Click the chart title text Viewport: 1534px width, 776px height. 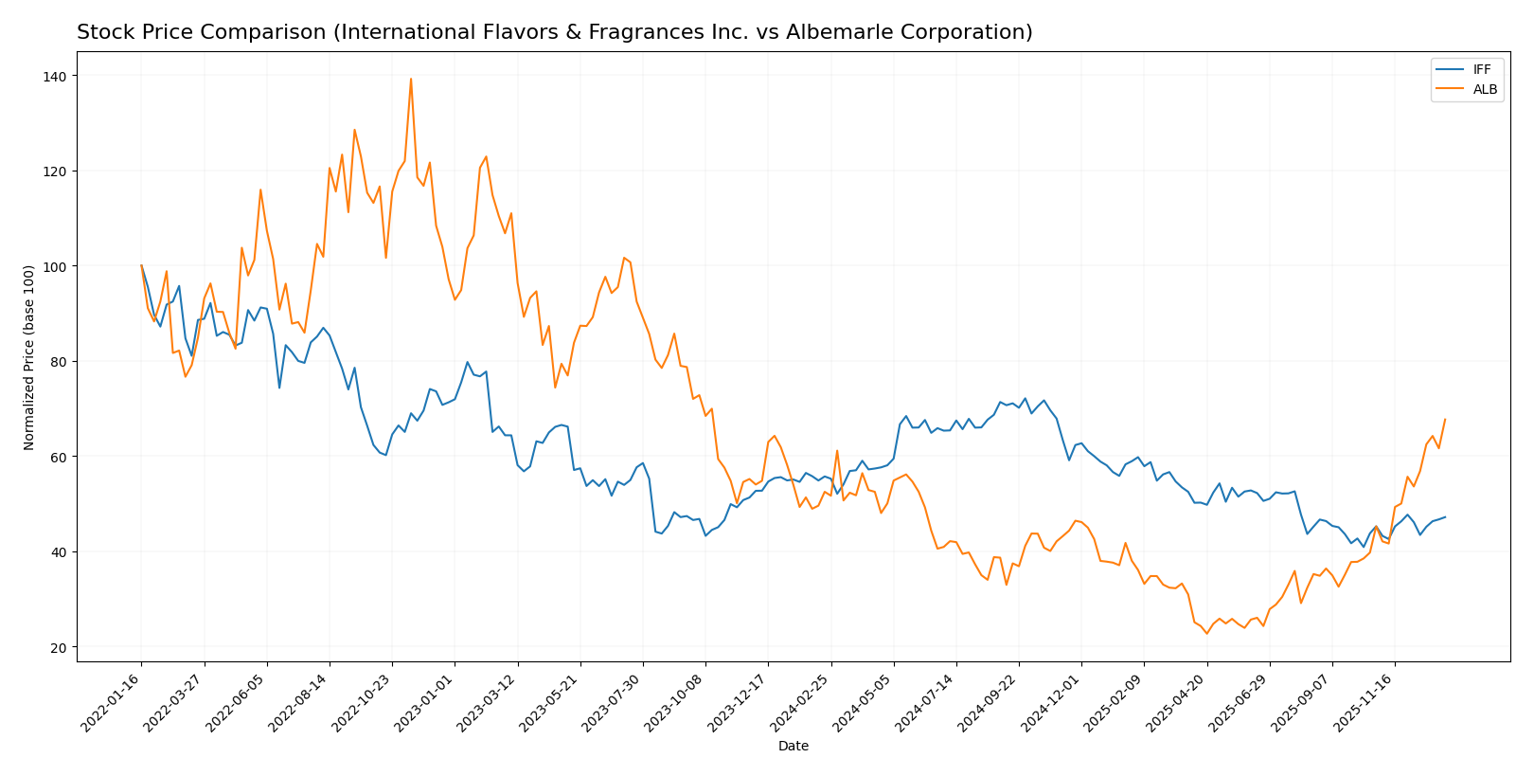(x=554, y=32)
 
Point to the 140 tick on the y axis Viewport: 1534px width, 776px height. (x=59, y=76)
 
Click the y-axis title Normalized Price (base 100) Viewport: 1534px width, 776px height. (x=29, y=357)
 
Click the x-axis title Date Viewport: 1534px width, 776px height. (x=793, y=746)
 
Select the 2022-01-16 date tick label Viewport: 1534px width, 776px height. (x=112, y=703)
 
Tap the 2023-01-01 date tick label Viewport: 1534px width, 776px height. (x=425, y=703)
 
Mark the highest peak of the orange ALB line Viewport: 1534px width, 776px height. (x=411, y=79)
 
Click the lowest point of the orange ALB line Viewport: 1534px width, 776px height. (x=1206, y=633)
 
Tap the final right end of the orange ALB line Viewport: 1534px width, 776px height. (x=1444, y=420)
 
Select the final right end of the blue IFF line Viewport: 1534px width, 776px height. (x=1444, y=517)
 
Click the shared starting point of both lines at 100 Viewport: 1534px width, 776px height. (x=141, y=266)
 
